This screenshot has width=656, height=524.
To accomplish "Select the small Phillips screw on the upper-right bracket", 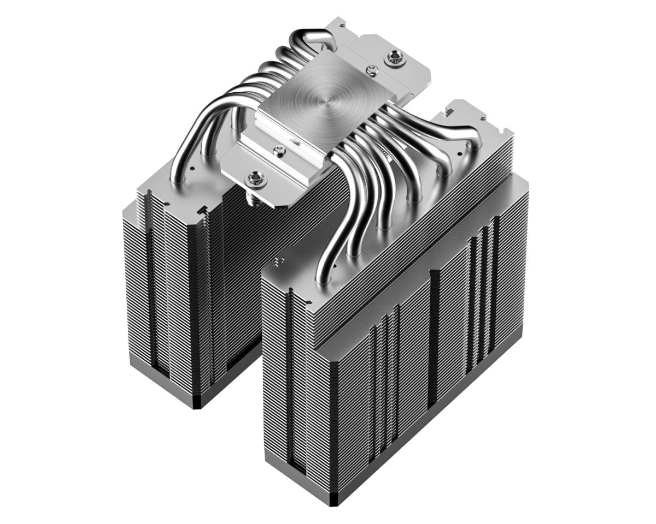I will [x=372, y=69].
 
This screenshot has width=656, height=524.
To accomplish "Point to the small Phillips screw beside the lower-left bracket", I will [x=280, y=149].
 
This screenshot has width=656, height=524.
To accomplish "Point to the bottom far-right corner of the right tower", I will [x=522, y=327].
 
